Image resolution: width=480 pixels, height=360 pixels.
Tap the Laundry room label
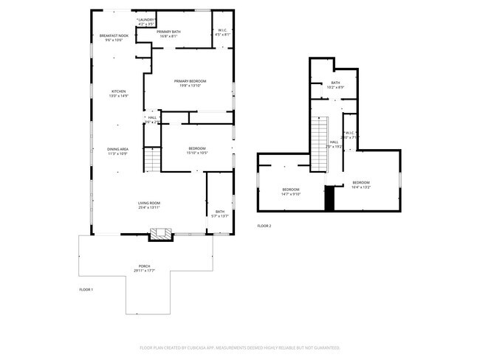pos(145,22)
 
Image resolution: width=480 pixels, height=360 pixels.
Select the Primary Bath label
pos(169,33)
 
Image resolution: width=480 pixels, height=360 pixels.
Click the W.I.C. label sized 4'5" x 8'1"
pos(222,33)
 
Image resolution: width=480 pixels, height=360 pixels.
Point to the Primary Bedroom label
pos(190,83)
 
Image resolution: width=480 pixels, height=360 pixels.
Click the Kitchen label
pos(118,93)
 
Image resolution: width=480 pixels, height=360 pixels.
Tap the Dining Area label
pos(118,151)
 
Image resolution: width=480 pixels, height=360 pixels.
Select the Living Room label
pos(148,205)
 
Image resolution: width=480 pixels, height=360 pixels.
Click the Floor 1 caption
pos(86,290)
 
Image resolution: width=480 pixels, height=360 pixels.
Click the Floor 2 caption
pos(264,226)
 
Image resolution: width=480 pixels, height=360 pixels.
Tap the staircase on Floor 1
pos(151,158)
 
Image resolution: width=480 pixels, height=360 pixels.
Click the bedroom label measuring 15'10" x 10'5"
pos(197,151)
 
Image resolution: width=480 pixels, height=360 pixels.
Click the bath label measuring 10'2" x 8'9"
pos(335,85)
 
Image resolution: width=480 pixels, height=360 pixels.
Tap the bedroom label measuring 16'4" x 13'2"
pos(360,184)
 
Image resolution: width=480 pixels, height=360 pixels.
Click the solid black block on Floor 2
pos(330,198)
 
